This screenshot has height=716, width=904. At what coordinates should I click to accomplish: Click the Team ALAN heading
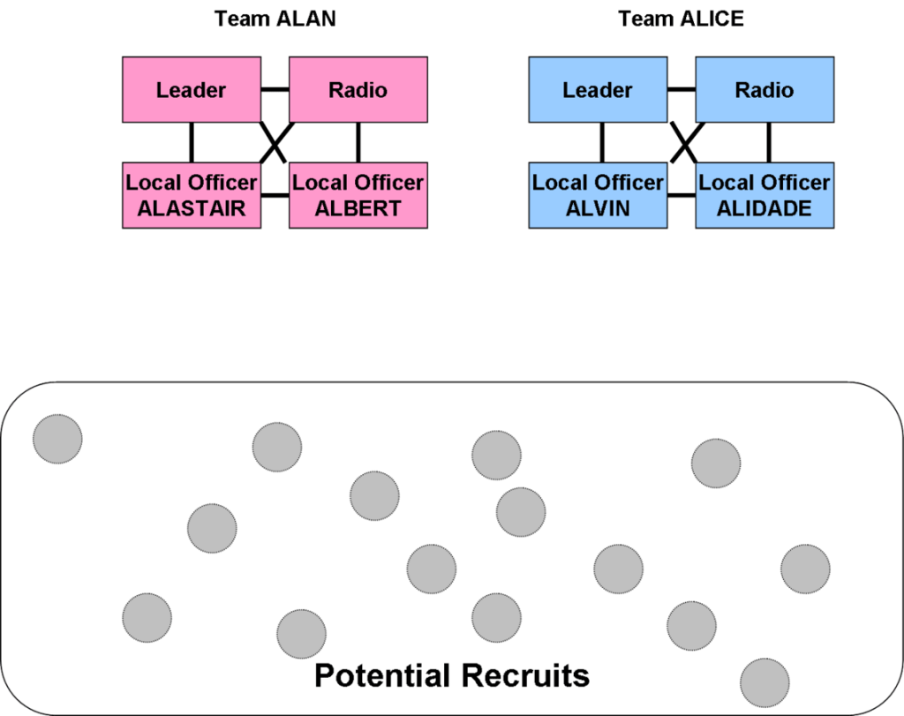275,19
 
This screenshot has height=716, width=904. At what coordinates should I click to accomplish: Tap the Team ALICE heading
681,19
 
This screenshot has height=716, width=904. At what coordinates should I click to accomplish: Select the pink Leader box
191,89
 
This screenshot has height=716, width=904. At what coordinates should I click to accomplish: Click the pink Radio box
358,89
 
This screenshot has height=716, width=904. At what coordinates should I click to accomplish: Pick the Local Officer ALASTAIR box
191,195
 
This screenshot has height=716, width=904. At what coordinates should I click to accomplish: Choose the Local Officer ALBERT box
358,195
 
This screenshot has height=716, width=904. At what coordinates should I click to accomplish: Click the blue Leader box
598,89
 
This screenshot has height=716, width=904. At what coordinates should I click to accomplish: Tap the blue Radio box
764,89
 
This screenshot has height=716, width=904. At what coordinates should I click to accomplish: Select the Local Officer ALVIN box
598,195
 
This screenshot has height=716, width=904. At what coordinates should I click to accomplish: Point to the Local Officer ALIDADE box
764,195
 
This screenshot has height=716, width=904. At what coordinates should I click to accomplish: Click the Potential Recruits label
451,675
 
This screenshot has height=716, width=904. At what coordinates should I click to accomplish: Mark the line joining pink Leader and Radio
275,89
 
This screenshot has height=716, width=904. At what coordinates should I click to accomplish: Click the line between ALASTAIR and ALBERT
275,195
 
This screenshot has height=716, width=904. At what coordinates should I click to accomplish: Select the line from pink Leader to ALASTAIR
191,142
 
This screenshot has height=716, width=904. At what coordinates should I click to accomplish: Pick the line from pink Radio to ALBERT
358,142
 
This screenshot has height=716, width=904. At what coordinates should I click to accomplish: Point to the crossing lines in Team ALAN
275,143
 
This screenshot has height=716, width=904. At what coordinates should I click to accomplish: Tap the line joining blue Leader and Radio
681,89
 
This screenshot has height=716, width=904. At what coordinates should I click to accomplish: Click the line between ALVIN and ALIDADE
681,195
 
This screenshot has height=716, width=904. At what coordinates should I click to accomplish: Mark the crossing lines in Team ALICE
682,143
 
